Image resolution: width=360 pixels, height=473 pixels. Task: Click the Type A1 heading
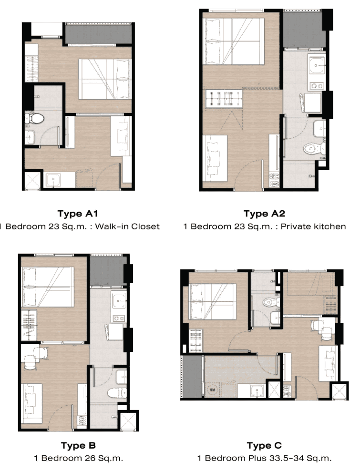[78, 214]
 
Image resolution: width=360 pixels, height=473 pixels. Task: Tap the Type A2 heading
[264, 214]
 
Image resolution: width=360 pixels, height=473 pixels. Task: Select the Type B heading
[78, 445]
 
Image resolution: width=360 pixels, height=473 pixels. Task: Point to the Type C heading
[264, 445]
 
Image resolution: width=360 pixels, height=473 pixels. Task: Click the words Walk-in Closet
[127, 226]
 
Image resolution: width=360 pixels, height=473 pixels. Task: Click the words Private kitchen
[313, 226]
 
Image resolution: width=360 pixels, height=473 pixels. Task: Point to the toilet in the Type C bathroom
[268, 302]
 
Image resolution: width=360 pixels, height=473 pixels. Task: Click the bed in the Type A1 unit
[105, 79]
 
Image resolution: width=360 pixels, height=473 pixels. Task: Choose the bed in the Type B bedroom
[47, 287]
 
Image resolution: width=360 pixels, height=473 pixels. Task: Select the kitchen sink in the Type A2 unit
[316, 65]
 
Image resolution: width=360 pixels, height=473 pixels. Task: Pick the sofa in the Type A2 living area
[215, 158]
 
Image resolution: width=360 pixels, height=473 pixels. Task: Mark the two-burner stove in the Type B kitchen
[119, 318]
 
